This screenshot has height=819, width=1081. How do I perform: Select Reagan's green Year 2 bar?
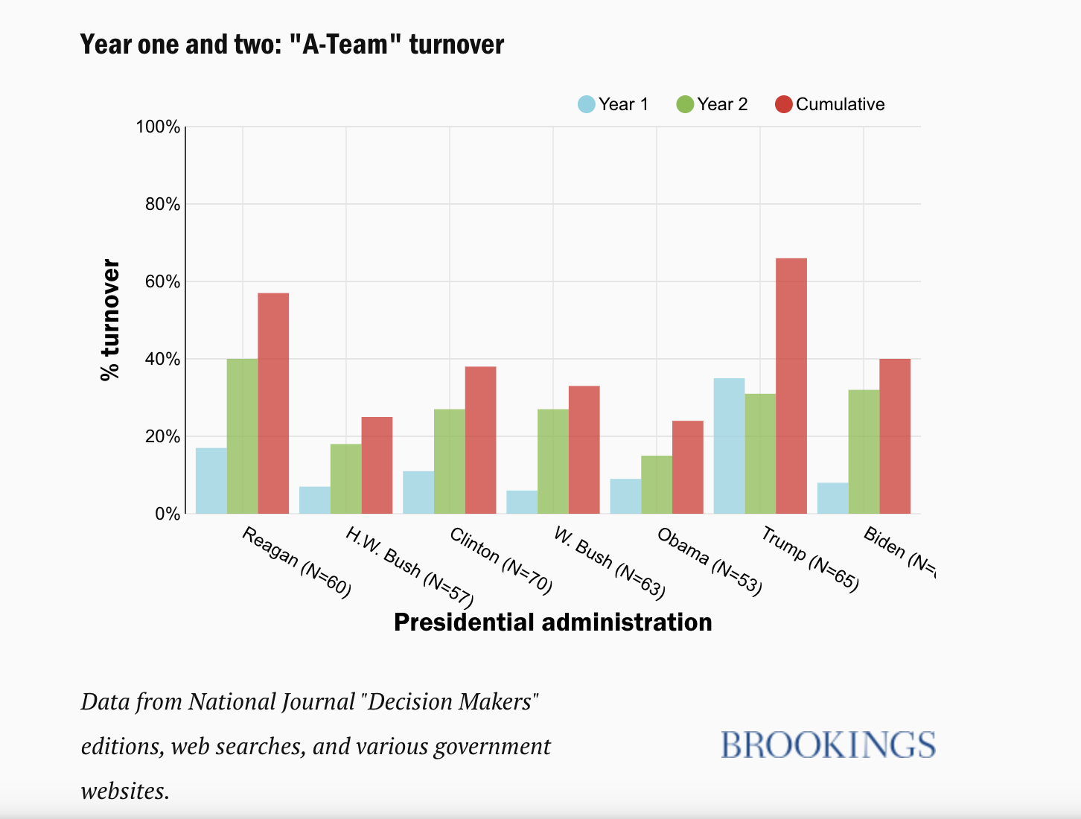pos(242,436)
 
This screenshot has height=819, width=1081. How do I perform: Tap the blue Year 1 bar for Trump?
pos(729,446)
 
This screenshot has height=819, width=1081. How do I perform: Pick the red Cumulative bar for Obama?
pos(687,468)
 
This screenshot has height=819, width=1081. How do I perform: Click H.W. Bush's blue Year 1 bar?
pos(314,500)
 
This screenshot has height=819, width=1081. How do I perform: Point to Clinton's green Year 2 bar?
pos(449,462)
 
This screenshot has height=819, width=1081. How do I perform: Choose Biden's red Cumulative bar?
pos(894,436)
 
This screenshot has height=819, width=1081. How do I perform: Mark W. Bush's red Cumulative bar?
pos(584,450)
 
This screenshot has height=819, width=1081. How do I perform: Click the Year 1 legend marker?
pos(587,104)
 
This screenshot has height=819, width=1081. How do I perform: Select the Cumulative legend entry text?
pos(840,104)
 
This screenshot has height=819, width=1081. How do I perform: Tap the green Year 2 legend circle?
pos(685,104)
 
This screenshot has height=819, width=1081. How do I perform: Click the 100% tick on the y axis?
pos(158,127)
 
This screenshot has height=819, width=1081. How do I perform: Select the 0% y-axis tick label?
pos(167,514)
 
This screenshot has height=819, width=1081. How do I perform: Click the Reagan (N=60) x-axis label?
pos(296,563)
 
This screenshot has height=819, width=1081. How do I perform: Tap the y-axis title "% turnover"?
pos(110,320)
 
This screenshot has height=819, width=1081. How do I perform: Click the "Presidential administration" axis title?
pos(552,622)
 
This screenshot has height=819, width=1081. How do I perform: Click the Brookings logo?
pos(828,745)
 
